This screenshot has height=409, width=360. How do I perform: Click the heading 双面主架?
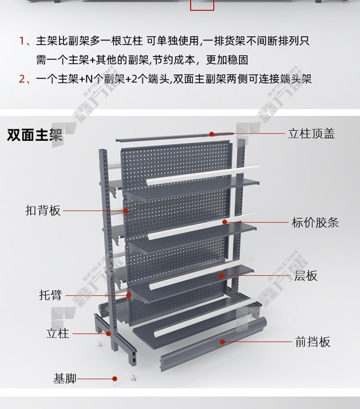pos(35,135)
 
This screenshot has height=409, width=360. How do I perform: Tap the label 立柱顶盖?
pos(311,134)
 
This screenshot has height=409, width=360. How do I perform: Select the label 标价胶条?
pos(315,222)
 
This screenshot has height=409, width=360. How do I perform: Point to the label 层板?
pos(305,276)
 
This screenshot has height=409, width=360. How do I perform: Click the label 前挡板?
pos(313,342)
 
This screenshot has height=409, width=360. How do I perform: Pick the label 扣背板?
pos(43,210)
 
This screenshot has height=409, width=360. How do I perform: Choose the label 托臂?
pos(51,295)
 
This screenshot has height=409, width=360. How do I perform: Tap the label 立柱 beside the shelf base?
pos(58,333)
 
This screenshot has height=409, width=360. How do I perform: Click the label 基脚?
pos(65,378)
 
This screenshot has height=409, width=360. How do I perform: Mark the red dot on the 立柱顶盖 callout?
pos(212,134)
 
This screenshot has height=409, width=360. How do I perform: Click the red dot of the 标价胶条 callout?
pos(225,222)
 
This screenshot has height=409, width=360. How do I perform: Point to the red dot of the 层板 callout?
pos(221,275)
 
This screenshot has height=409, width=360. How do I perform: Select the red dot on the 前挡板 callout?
pos(222,342)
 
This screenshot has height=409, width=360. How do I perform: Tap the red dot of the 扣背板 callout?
pos(126,210)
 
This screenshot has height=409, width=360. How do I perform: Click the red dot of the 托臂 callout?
pos(129,295)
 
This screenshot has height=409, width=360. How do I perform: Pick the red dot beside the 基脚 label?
pos(115,379)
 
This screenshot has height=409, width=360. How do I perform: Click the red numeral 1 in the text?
pos(22,41)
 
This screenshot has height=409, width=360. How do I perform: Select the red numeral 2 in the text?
pos(22,79)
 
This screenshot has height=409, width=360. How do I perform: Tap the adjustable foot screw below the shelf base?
pos(133,378)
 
